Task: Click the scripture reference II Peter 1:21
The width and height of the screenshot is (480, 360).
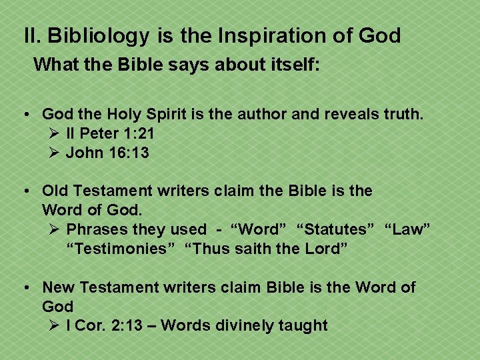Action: pos(110,134)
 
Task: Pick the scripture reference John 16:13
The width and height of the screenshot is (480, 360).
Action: pos(107,153)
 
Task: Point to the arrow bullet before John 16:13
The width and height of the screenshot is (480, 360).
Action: pos(55,153)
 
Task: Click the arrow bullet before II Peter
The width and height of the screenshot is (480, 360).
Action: pos(55,134)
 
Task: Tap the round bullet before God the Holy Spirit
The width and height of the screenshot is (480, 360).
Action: pos(26,115)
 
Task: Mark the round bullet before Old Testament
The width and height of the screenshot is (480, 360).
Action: pos(26,191)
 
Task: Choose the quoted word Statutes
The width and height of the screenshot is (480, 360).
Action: pos(335,230)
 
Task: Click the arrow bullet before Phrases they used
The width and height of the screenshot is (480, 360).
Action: pos(55,230)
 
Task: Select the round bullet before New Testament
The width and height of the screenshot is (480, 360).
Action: pos(26,288)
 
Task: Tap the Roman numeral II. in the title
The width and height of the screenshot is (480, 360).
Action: pos(32,36)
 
